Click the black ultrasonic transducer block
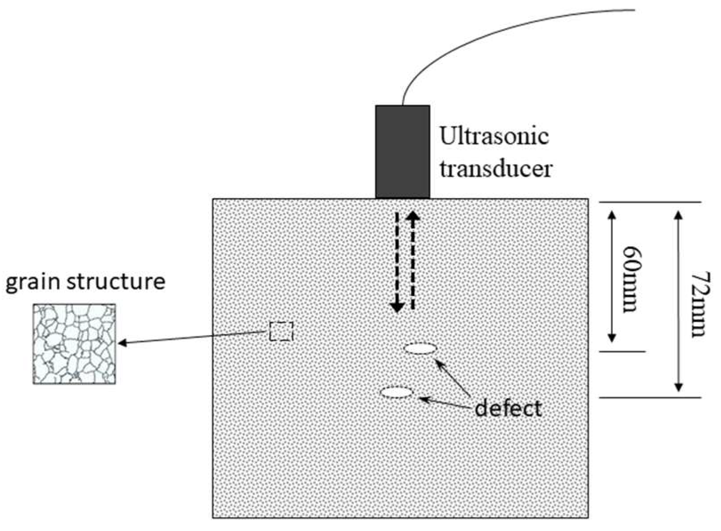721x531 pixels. coord(402,152)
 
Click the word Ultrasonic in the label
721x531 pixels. coord(494,136)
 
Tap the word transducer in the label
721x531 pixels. coord(496,169)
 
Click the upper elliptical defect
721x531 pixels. coord(420,349)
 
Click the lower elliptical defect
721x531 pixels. coord(397,392)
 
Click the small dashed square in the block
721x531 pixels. coord(281,331)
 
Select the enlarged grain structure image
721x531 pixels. coord(74,343)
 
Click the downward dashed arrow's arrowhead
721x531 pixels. coord(397,307)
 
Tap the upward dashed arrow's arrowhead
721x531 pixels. coord(413,216)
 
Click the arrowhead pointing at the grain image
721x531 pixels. coord(122,343)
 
